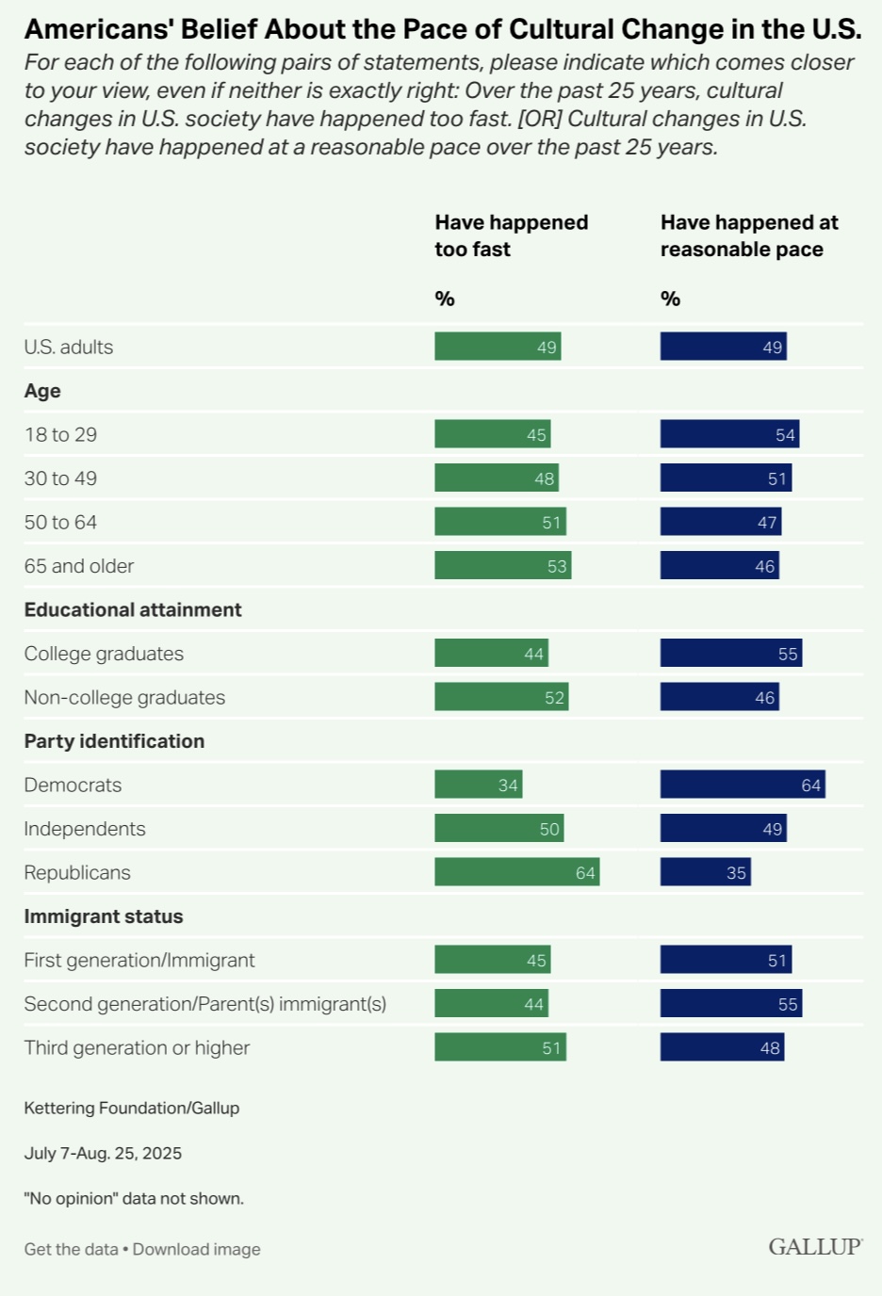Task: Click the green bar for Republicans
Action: (x=516, y=872)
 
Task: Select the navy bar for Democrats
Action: (x=743, y=785)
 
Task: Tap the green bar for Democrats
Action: (x=478, y=785)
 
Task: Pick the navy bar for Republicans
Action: (x=705, y=872)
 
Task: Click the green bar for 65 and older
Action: (x=502, y=565)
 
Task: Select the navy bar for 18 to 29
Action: (x=729, y=434)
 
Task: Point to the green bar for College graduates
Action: (x=491, y=653)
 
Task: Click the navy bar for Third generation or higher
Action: (x=722, y=1047)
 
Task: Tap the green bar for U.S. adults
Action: (x=498, y=347)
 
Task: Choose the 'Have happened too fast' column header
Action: (x=511, y=235)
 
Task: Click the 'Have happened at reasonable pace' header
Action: (x=749, y=235)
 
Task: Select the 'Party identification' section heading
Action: (x=114, y=741)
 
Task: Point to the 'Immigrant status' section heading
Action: (x=104, y=916)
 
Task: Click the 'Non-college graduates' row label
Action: (x=124, y=697)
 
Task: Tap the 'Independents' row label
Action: (x=85, y=829)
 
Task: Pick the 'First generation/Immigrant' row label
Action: (x=139, y=960)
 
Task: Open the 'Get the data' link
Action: (x=71, y=1249)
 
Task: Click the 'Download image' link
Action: (x=196, y=1249)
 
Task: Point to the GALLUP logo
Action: (x=815, y=1247)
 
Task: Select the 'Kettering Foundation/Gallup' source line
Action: (x=132, y=1108)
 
